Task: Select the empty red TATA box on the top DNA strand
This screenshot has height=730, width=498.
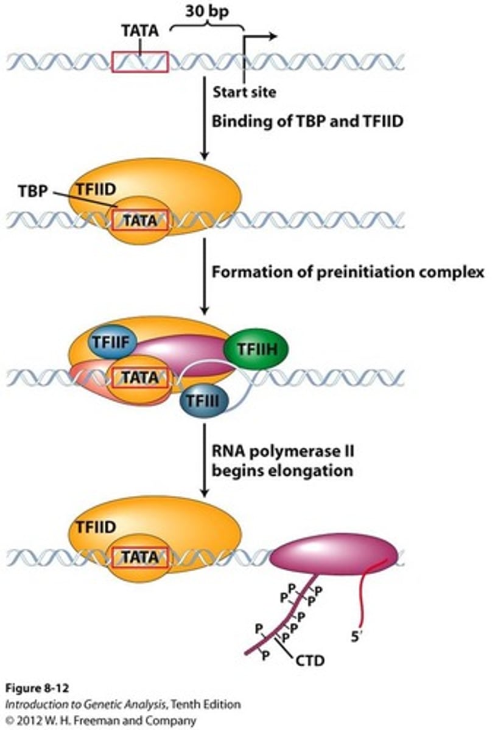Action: coord(140,61)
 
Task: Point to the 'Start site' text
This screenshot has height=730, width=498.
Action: coord(244,92)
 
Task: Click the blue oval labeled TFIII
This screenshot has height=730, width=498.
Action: coord(203,400)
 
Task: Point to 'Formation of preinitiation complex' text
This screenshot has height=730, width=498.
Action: coord(348,271)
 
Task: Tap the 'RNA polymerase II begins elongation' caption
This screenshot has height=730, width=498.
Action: coord(282,461)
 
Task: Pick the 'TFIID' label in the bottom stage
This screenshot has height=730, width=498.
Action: coord(95,527)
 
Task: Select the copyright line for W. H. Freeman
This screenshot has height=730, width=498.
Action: coord(101,720)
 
